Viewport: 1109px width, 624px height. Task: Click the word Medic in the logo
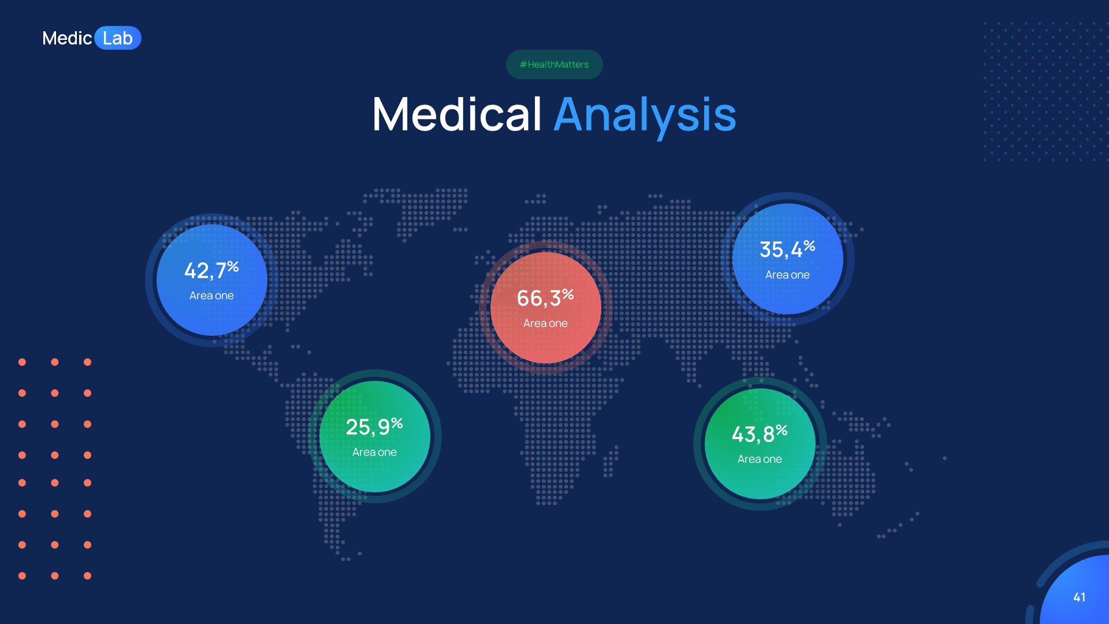tap(67, 38)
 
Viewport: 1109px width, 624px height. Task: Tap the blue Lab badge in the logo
tap(118, 38)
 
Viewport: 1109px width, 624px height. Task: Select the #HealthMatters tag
tap(554, 64)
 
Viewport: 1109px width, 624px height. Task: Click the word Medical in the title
tap(457, 114)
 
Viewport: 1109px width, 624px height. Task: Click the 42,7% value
tap(204, 270)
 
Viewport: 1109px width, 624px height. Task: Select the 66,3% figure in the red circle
tap(538, 298)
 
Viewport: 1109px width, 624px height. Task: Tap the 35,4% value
tap(780, 250)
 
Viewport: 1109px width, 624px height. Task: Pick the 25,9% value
tap(367, 428)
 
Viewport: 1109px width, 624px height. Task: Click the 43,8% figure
tap(753, 434)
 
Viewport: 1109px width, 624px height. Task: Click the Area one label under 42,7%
tap(211, 296)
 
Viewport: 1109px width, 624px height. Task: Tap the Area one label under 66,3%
tap(545, 324)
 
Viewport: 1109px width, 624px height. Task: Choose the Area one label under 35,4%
tap(787, 275)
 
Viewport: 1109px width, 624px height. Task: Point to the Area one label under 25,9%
tap(374, 452)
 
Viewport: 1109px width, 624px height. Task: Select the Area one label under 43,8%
tap(760, 459)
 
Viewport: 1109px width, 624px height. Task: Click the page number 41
tap(1079, 597)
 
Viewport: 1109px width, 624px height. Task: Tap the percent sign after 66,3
tap(568, 294)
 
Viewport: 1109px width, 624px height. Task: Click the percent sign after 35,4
tap(809, 246)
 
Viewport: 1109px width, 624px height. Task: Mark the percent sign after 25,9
tap(397, 424)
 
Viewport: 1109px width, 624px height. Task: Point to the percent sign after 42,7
tap(233, 266)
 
